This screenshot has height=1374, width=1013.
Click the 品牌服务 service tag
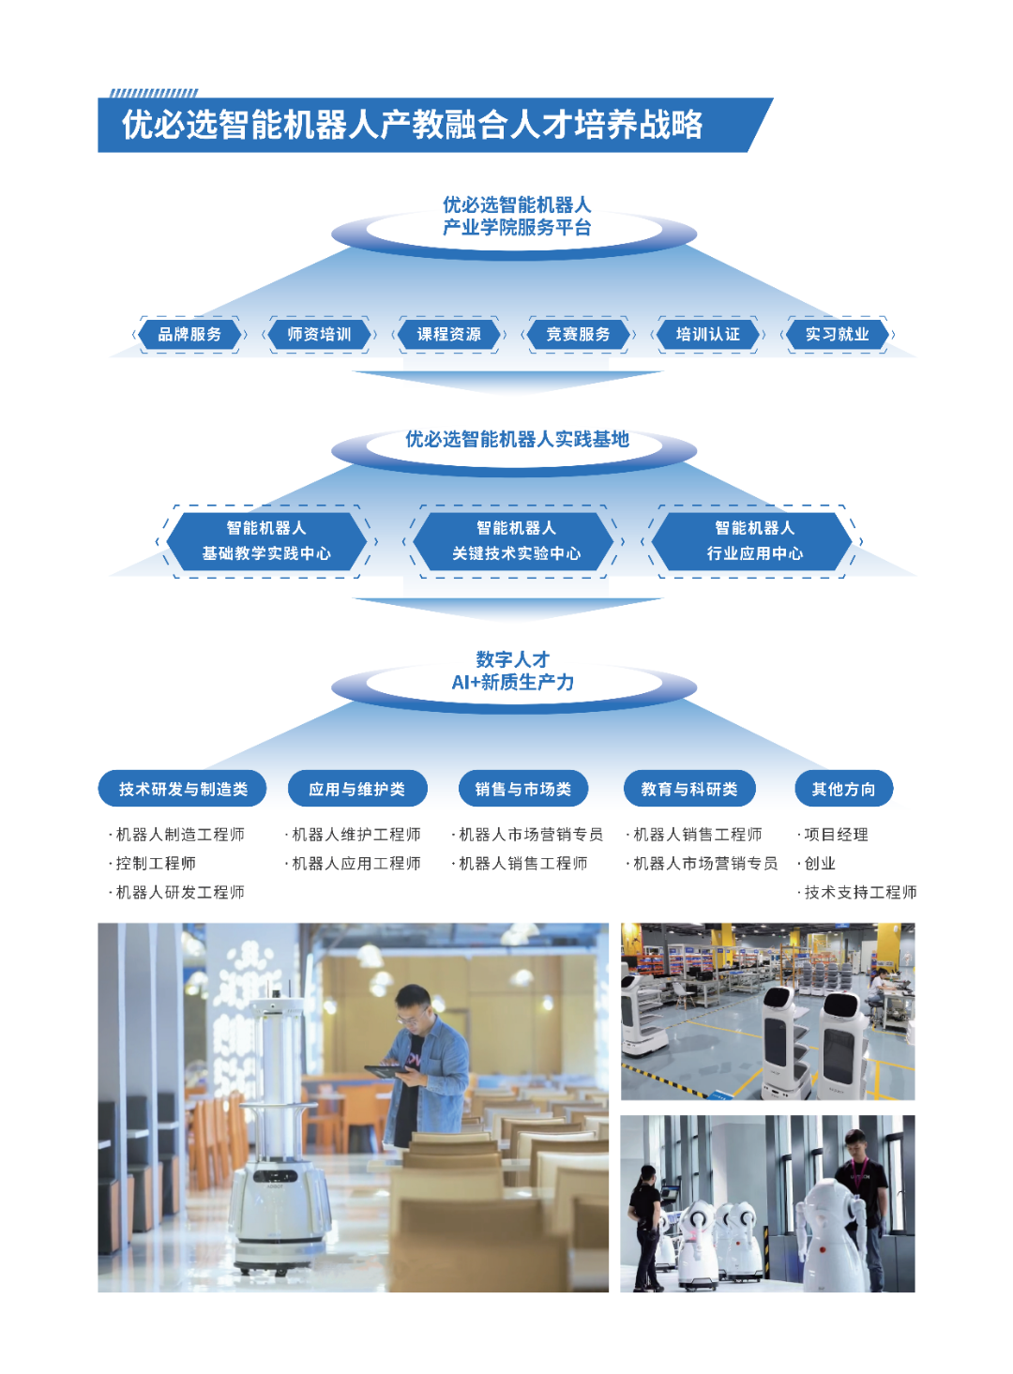pos(189,335)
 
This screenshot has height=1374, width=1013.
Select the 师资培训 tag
pos(319,335)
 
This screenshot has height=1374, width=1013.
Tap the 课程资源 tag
pos(448,335)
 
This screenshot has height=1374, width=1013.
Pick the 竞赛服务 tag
pos(578,335)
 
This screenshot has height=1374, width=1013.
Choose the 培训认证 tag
pos(707,335)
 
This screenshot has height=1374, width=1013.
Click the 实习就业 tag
pos(837,335)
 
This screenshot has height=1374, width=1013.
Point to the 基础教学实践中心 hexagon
pos(266,541)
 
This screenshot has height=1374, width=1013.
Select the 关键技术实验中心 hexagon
pos(516,541)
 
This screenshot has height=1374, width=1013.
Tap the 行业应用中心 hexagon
pos(754,541)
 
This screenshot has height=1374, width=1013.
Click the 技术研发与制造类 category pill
pos(183,790)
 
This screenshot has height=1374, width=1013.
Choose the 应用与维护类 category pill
pos(356,790)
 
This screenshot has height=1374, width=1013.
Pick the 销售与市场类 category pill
pos(522,790)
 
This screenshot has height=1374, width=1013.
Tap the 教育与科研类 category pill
pos(689,790)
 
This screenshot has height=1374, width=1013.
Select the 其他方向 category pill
pos(843,790)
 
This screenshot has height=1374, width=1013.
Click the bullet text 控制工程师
pos(156,864)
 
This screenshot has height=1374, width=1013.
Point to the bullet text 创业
pos(820,864)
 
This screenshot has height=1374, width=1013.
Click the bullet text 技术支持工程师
pos(860,893)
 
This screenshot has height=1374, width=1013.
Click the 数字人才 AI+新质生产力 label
pos(513,672)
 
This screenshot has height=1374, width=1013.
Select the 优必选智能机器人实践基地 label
pos(517,440)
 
